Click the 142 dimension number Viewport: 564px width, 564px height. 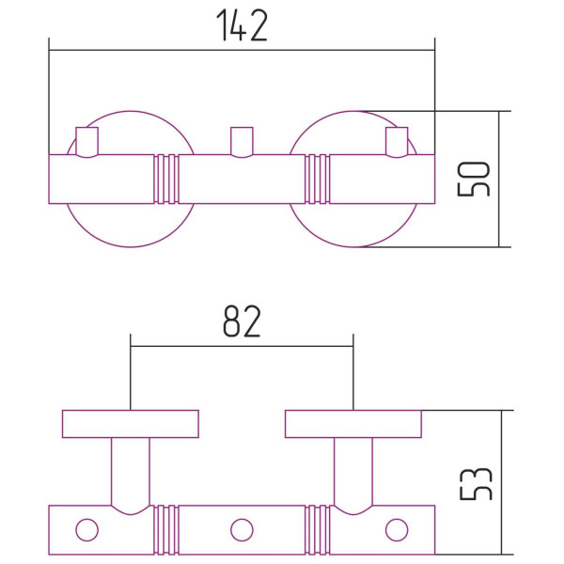(x=242, y=25)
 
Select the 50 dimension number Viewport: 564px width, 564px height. (x=474, y=180)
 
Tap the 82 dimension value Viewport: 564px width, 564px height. (x=242, y=321)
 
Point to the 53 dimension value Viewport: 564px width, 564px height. (x=476, y=484)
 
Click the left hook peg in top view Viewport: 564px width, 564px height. (x=87, y=142)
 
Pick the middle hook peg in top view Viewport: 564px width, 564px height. (x=242, y=142)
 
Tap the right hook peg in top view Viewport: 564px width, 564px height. (x=397, y=142)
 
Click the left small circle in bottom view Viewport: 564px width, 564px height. (x=87, y=530)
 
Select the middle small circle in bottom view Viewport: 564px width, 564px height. (x=242, y=530)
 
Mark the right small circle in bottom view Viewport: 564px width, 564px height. (x=397, y=530)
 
